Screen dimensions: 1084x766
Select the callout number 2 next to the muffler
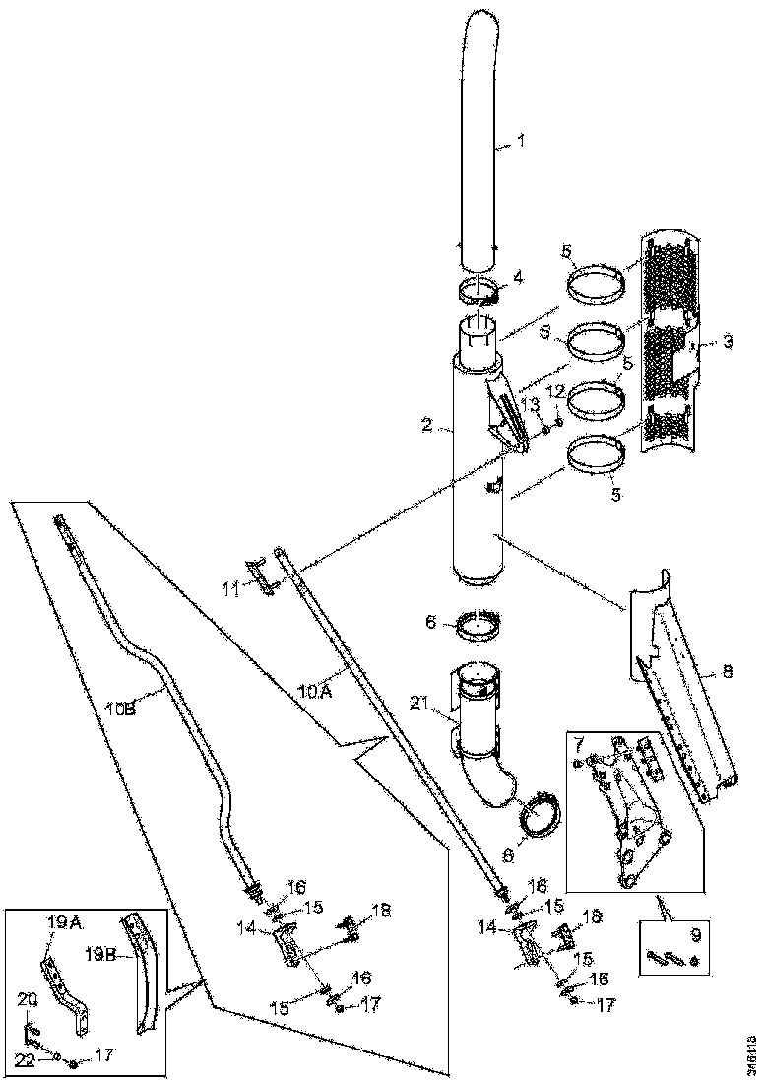pyautogui.click(x=426, y=425)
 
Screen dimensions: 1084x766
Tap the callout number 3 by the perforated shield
pyautogui.click(x=727, y=342)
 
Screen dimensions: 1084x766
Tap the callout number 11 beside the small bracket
pyautogui.click(x=230, y=589)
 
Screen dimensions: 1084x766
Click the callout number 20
pyautogui.click(x=28, y=999)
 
